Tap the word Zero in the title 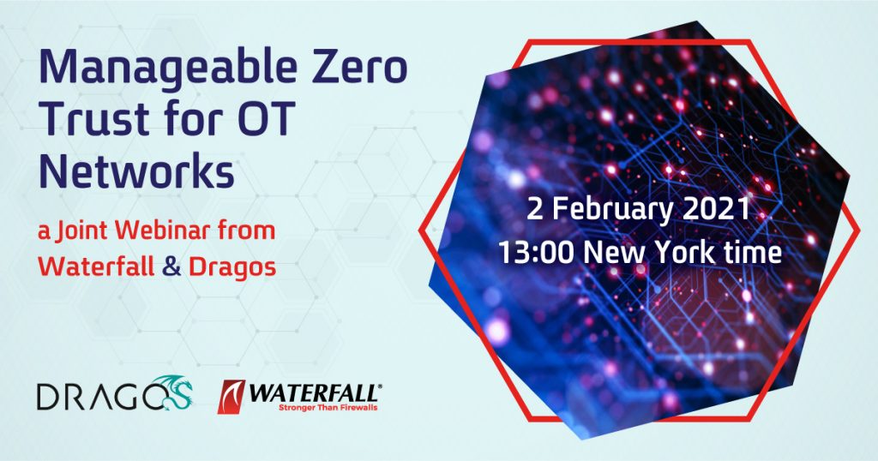359,68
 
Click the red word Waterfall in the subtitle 96,266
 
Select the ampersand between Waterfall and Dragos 171,267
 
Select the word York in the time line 683,253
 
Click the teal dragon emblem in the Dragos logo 174,392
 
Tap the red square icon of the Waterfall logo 232,397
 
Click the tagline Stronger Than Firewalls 328,407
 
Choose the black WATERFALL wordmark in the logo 315,393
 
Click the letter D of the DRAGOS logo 49,396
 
